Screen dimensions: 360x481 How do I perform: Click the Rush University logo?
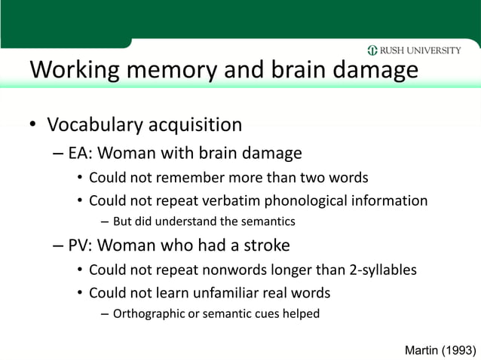click(x=414, y=51)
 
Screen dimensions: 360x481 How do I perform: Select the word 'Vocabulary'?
click(x=99, y=124)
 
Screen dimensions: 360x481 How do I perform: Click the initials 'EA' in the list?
click(x=78, y=154)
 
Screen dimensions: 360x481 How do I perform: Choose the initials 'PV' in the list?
click(x=78, y=246)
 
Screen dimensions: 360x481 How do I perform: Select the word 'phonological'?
click(x=289, y=201)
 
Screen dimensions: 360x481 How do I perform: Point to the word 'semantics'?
click(x=268, y=222)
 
